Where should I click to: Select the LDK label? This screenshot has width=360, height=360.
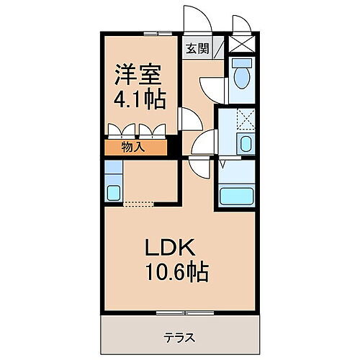[x=170, y=248]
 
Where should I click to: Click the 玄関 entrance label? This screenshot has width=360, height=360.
[x=197, y=49]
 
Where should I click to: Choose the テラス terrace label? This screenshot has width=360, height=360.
[x=179, y=336]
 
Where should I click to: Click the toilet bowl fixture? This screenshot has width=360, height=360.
[x=241, y=75]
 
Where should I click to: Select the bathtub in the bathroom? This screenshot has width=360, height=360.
[x=237, y=195]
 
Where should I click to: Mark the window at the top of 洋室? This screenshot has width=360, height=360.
[x=152, y=33]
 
